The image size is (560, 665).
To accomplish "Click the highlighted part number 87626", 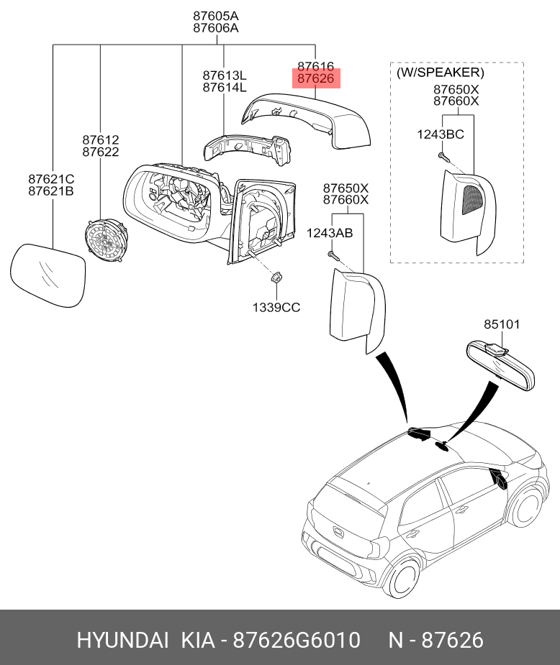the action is click(316, 78).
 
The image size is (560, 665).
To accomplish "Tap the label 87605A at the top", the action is click(216, 16).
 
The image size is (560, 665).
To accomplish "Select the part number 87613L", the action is click(224, 75).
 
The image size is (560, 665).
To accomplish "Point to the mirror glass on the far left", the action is click(47, 275).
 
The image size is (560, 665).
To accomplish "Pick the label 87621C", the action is click(51, 179).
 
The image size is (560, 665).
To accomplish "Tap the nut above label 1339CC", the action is click(276, 278).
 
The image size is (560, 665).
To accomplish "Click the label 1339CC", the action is click(276, 307).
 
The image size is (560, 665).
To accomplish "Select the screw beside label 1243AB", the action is click(333, 255).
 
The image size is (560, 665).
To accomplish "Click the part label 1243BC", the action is click(441, 134).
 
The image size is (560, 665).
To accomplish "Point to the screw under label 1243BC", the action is click(443, 157).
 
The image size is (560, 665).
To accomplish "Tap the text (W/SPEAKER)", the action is click(441, 72).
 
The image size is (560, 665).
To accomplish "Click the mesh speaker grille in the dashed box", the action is click(471, 200).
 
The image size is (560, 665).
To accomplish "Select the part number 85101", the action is click(502, 324).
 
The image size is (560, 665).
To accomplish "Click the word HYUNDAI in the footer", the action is click(122, 640).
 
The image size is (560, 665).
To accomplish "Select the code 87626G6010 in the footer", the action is click(297, 640).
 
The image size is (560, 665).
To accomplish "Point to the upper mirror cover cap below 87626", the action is click(306, 121).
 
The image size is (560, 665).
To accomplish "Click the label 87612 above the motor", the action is click(101, 139).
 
